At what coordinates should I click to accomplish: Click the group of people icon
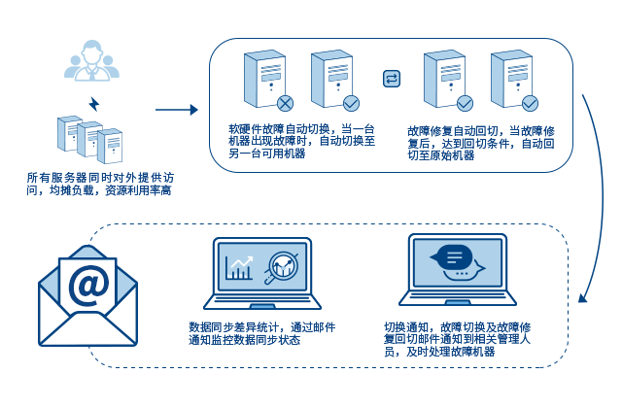[91, 61]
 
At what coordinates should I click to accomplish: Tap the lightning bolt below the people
[94, 104]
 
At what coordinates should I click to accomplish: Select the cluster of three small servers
[89, 139]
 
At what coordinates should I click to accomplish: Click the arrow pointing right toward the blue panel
[177, 110]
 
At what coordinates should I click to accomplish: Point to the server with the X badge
[264, 79]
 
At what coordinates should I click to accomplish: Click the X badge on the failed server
[285, 103]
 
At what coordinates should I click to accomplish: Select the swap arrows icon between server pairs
[392, 79]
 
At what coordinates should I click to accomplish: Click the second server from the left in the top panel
[332, 79]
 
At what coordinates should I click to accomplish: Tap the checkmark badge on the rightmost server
[530, 103]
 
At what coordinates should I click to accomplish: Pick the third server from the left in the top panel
[444, 79]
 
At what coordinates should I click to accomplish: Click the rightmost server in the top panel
[511, 79]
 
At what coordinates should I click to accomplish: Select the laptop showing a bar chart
[261, 273]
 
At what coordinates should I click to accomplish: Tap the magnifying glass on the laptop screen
[282, 266]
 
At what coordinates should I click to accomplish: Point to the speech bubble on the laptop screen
[455, 258]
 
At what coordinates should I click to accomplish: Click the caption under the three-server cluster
[99, 185]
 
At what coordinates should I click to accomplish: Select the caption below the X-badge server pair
[299, 141]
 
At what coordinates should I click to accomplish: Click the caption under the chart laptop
[260, 333]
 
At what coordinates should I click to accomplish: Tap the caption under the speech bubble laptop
[455, 339]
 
